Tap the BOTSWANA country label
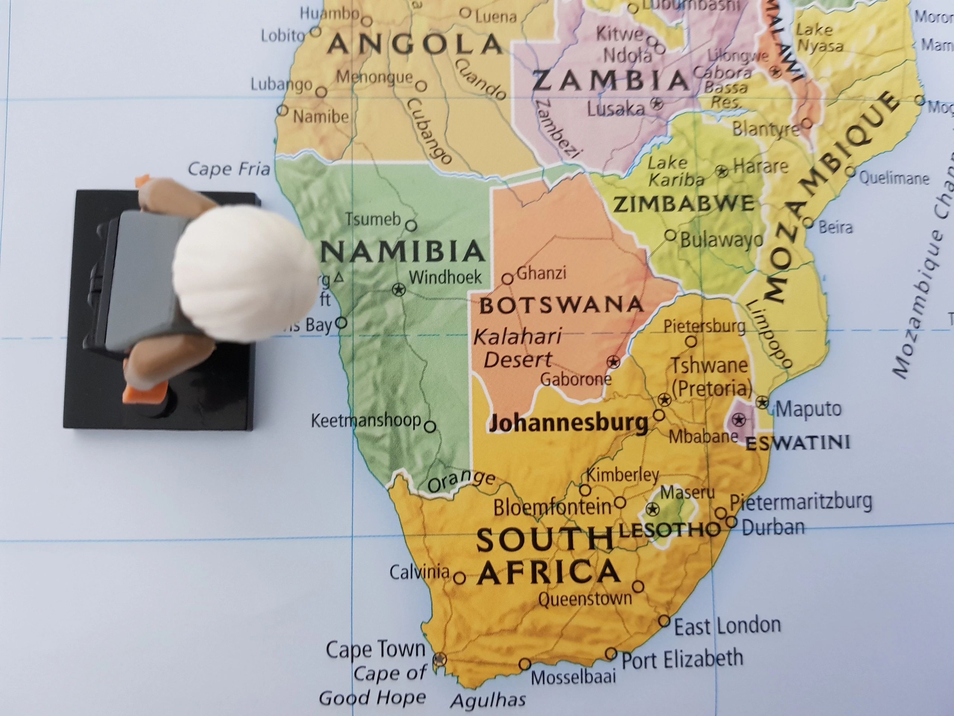pyautogui.click(x=561, y=305)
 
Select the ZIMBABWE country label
pyautogui.click(x=683, y=204)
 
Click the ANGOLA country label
pyautogui.click(x=414, y=44)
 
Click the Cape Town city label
pyautogui.click(x=376, y=649)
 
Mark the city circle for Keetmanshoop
pyautogui.click(x=430, y=427)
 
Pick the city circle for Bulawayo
pyautogui.click(x=670, y=235)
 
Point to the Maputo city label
pyautogui.click(x=808, y=409)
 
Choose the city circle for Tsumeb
pyautogui.click(x=411, y=225)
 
